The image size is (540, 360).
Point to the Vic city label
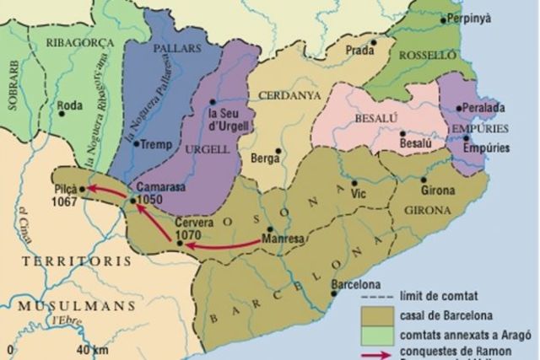[x=359, y=194]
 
